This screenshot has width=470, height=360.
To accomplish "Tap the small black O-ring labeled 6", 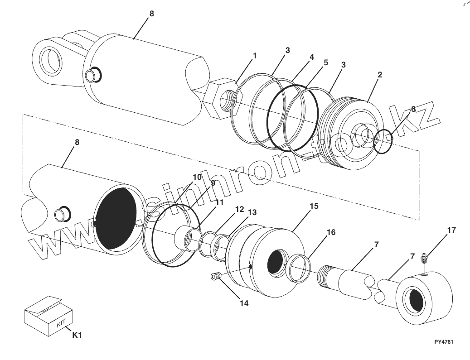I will coord(383,141).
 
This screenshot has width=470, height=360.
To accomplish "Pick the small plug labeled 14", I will coord(215,276).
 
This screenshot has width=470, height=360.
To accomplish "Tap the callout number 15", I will coord(314,206).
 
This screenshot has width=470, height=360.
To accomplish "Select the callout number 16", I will coord(331,232).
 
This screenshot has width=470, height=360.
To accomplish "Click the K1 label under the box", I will coord(77,336).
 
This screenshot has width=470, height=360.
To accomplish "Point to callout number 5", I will coord(325,62).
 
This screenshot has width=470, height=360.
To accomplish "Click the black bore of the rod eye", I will coord(417,301).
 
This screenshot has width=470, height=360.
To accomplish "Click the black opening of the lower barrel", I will coord(116,219).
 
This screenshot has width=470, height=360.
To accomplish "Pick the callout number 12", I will coord(239,209).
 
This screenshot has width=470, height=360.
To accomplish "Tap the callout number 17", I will coord(451,230).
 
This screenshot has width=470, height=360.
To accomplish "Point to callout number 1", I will coord(255,56).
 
